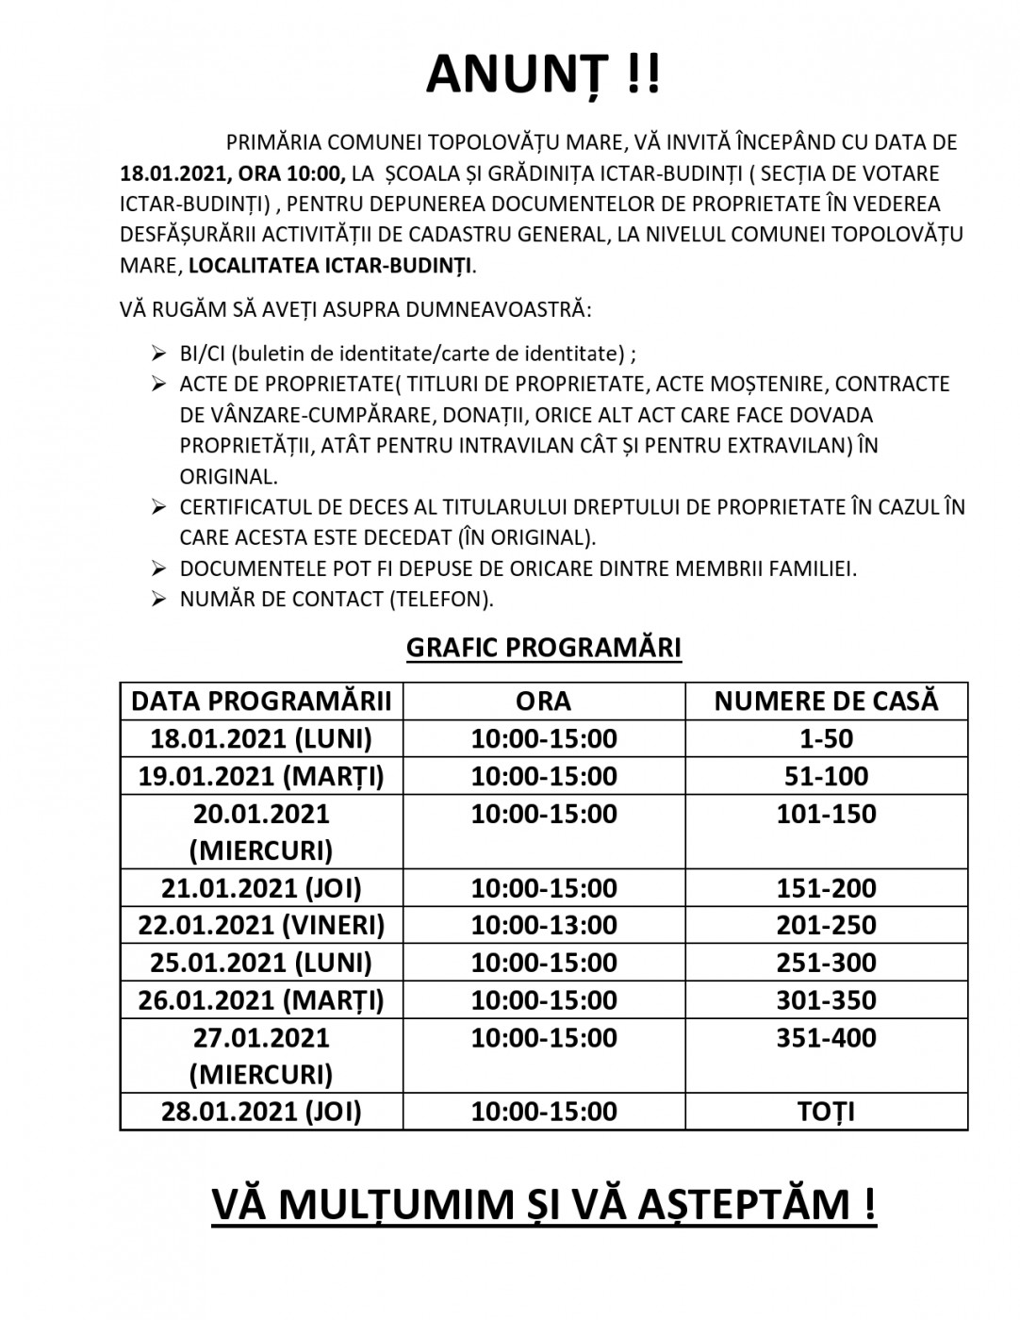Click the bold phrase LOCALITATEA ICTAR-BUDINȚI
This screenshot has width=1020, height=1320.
[330, 265]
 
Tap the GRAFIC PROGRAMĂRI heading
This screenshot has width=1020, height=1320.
[544, 648]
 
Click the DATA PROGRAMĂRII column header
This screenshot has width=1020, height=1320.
[261, 701]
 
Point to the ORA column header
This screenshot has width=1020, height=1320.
[544, 701]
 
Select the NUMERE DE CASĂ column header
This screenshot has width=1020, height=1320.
[826, 701]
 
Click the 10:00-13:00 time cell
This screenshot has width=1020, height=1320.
[544, 925]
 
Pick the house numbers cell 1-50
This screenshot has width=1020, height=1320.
[826, 738]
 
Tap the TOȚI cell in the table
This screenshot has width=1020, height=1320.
[826, 1112]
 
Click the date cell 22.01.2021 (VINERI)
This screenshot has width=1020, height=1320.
[261, 925]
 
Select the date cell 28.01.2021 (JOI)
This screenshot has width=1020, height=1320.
[261, 1112]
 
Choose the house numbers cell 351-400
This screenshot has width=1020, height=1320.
[826, 1038]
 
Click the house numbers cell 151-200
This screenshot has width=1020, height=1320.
[826, 888]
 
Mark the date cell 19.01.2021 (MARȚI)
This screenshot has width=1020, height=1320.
[261, 776]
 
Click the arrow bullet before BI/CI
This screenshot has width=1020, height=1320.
[158, 354]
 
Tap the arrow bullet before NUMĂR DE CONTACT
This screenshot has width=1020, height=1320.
[158, 599]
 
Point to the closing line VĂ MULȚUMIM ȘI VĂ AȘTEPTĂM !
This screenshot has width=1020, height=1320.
[544, 1204]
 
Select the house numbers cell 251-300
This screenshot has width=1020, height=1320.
[826, 963]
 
